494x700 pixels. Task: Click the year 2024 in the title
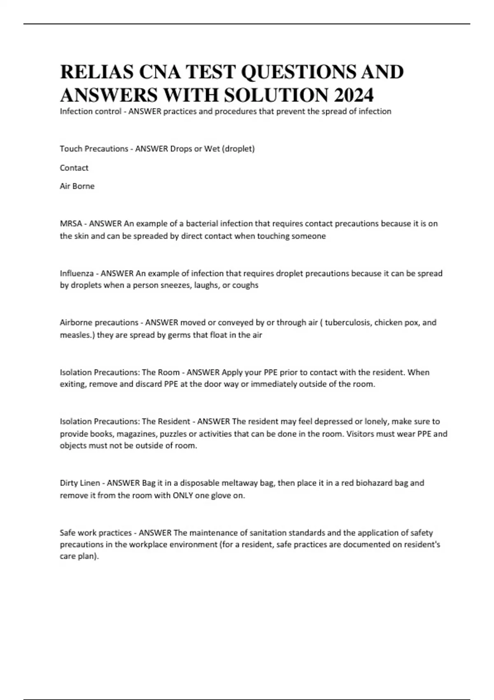click(353, 95)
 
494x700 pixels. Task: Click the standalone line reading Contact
click(74, 168)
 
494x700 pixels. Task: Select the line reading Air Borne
click(77, 186)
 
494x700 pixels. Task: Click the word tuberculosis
click(347, 322)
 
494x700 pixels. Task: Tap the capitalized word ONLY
click(183, 496)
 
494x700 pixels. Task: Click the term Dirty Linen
click(80, 483)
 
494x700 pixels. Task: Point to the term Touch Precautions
click(94, 149)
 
